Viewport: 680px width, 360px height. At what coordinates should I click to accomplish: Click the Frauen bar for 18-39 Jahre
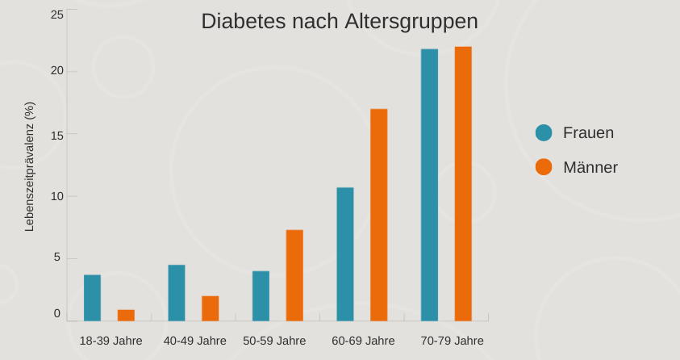pos(93,298)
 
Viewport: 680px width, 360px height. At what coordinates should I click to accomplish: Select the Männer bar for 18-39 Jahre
pos(126,316)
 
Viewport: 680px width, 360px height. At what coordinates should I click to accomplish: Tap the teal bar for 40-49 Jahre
pos(177,293)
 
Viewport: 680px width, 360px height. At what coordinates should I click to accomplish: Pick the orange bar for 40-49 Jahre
pos(210,308)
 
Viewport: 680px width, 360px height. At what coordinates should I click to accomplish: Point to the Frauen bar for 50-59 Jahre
pos(261,296)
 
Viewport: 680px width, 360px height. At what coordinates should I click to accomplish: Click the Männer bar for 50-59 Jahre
pos(294,275)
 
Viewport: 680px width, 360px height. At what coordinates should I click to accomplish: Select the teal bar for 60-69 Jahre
pos(345,254)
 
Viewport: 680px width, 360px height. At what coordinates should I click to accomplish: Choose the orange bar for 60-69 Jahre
pos(379,215)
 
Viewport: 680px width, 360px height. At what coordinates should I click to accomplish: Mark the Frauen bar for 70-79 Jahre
pos(429,185)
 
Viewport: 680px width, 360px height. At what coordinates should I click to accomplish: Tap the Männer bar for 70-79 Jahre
pos(463,184)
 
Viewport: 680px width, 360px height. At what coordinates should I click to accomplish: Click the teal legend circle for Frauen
pos(544,133)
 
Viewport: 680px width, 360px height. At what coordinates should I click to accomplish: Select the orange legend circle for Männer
pos(544,167)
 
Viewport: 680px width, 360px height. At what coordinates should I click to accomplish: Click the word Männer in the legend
pos(590,167)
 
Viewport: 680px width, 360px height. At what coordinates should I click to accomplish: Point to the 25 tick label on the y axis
pos(56,15)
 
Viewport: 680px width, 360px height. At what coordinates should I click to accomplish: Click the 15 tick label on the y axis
pos(56,134)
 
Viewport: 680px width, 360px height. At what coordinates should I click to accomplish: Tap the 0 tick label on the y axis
pos(57,313)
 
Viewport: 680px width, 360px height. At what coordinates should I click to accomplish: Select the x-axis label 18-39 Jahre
pos(111,341)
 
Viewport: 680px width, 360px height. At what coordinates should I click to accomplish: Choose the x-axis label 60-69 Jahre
pos(363,341)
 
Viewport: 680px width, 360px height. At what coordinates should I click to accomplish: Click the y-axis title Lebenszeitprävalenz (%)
pos(30,166)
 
